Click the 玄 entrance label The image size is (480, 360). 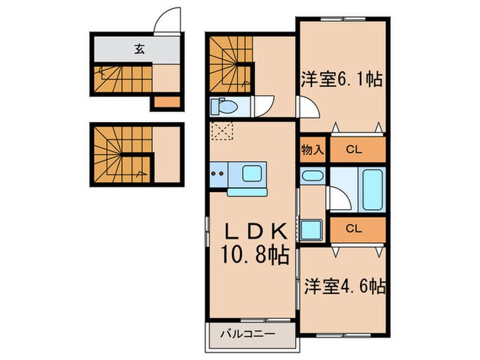coord(139,49)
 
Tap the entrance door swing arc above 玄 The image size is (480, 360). coord(168,21)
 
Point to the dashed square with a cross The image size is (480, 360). coord(222,130)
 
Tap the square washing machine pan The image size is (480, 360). coord(313,229)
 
